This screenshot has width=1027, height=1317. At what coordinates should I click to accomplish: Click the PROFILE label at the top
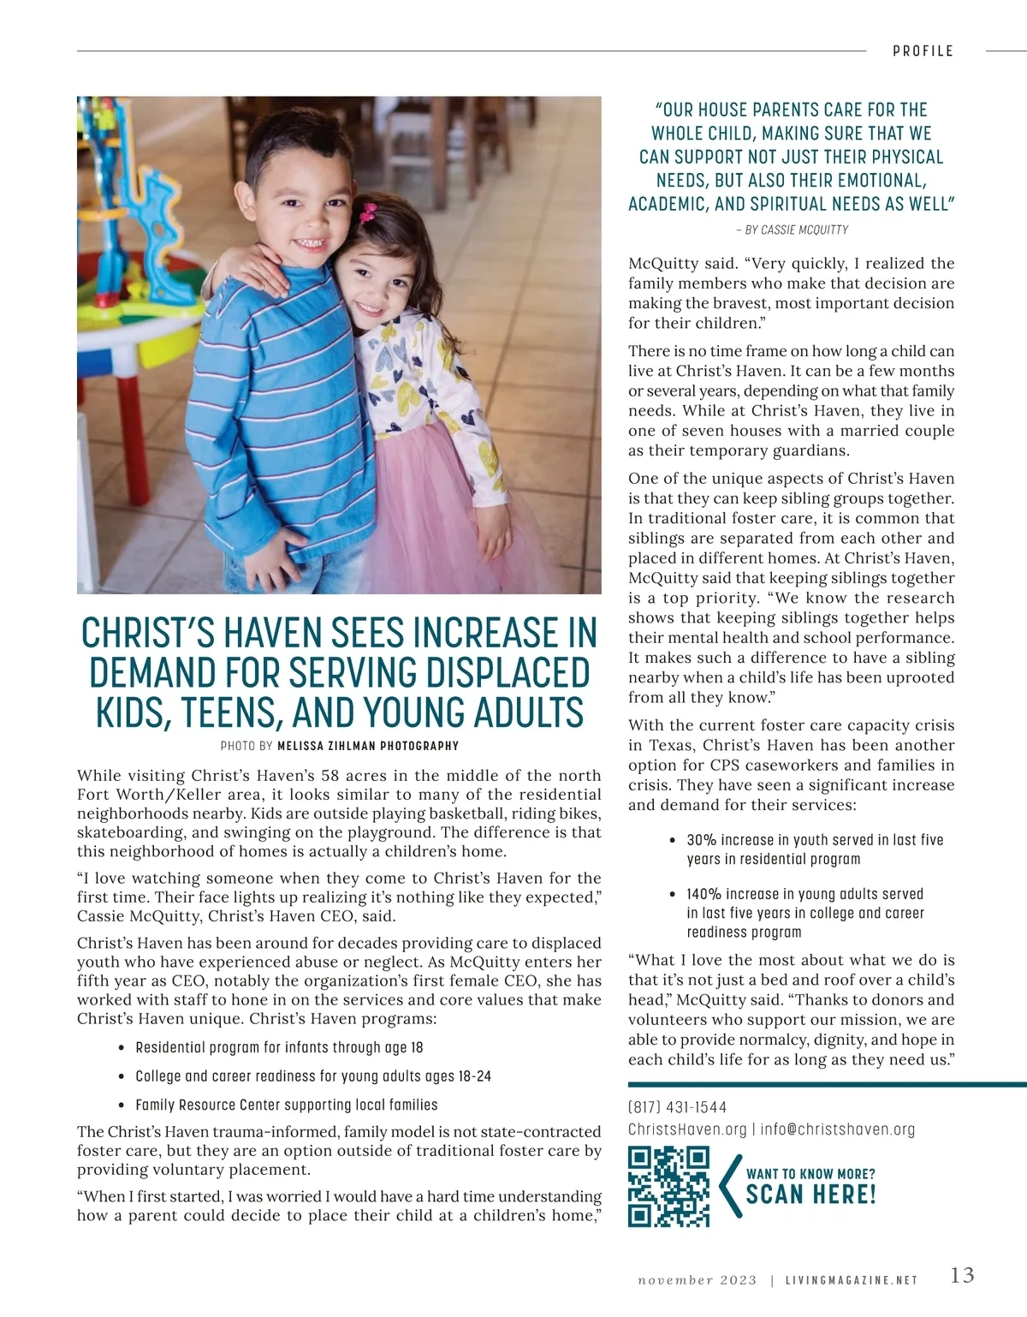(x=923, y=51)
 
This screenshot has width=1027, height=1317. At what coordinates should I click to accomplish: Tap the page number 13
(x=962, y=1275)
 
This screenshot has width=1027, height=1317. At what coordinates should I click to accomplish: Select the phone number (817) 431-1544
(x=678, y=1107)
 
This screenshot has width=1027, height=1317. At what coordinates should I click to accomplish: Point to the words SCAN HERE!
(x=810, y=1195)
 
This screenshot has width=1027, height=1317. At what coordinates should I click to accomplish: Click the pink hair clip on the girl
(x=369, y=211)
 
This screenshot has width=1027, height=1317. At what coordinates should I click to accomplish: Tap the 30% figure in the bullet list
(x=701, y=840)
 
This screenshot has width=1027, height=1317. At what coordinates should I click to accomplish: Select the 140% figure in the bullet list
(x=704, y=894)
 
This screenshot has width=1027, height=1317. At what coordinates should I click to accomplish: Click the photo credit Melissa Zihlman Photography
(x=368, y=746)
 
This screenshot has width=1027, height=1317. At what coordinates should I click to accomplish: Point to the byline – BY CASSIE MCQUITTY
(x=792, y=229)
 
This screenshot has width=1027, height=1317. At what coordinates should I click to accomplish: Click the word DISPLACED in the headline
(x=509, y=673)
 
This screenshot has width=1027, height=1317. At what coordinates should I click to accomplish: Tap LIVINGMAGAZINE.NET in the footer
(x=852, y=1281)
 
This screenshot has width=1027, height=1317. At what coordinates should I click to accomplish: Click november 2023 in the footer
(x=697, y=1281)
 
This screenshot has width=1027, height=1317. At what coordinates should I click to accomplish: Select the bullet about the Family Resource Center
(x=287, y=1105)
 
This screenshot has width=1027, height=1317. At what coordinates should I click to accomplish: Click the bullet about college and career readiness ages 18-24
(x=313, y=1076)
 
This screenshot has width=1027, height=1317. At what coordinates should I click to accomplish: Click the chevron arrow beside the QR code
(x=730, y=1186)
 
